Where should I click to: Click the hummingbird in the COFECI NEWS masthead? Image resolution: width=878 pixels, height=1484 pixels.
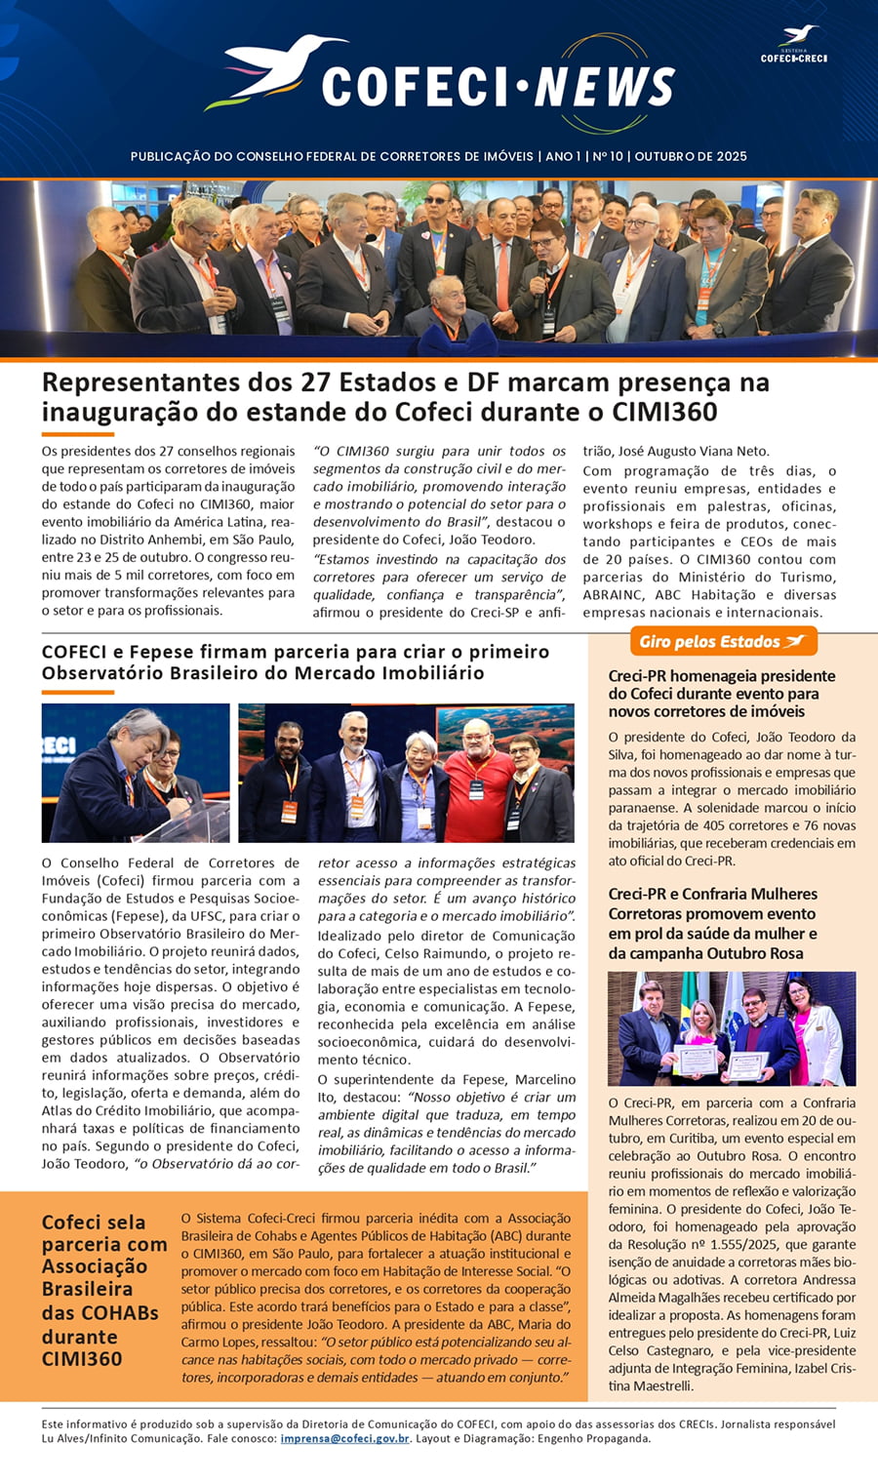(278, 70)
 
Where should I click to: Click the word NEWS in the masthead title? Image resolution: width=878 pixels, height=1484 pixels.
(605, 88)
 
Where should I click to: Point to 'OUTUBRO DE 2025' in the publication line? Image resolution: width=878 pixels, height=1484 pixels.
(691, 156)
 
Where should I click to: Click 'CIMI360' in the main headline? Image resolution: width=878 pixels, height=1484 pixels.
(664, 413)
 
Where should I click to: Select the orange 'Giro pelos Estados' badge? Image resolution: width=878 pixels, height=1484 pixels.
(722, 641)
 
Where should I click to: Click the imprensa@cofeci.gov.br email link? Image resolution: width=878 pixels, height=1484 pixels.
(344, 1438)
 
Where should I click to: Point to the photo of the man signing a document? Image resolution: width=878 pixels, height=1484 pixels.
(135, 773)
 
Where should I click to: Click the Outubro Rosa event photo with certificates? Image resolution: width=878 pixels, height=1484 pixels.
(732, 1028)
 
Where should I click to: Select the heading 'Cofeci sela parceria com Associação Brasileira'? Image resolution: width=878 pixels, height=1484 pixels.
(104, 1289)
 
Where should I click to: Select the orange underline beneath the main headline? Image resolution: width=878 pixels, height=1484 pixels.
(77, 434)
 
